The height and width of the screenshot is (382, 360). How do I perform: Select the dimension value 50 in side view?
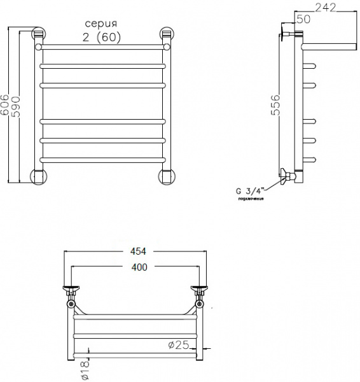303,20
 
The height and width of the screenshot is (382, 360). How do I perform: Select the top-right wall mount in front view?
167,36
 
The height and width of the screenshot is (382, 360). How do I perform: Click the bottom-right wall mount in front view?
167,176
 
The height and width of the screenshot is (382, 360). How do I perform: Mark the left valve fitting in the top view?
71,294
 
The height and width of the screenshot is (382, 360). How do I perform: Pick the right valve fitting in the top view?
200,294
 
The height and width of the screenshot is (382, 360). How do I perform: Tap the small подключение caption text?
251,199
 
